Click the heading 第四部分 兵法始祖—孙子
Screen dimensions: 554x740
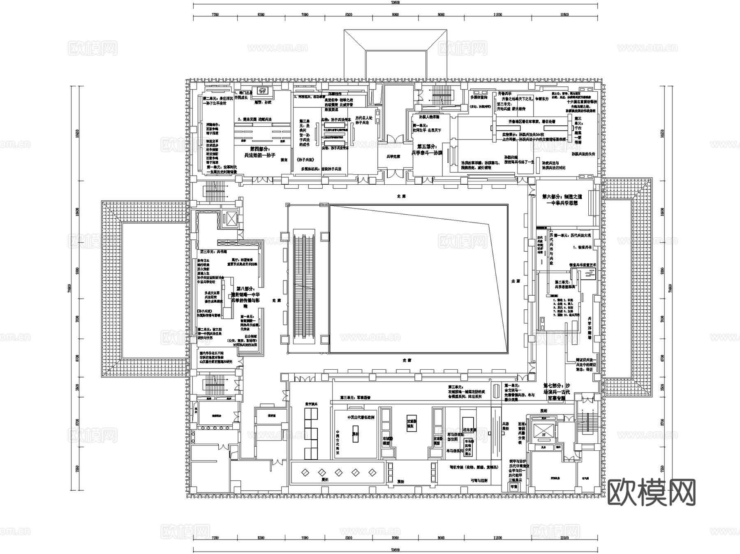point(260,152)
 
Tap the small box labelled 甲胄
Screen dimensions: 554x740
point(514,487)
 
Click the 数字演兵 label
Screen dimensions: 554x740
point(311,404)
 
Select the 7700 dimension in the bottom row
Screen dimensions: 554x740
point(215,538)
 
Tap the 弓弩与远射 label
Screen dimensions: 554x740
point(479,480)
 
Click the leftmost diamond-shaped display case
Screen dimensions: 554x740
point(305,473)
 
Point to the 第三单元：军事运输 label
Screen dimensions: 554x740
point(355,398)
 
